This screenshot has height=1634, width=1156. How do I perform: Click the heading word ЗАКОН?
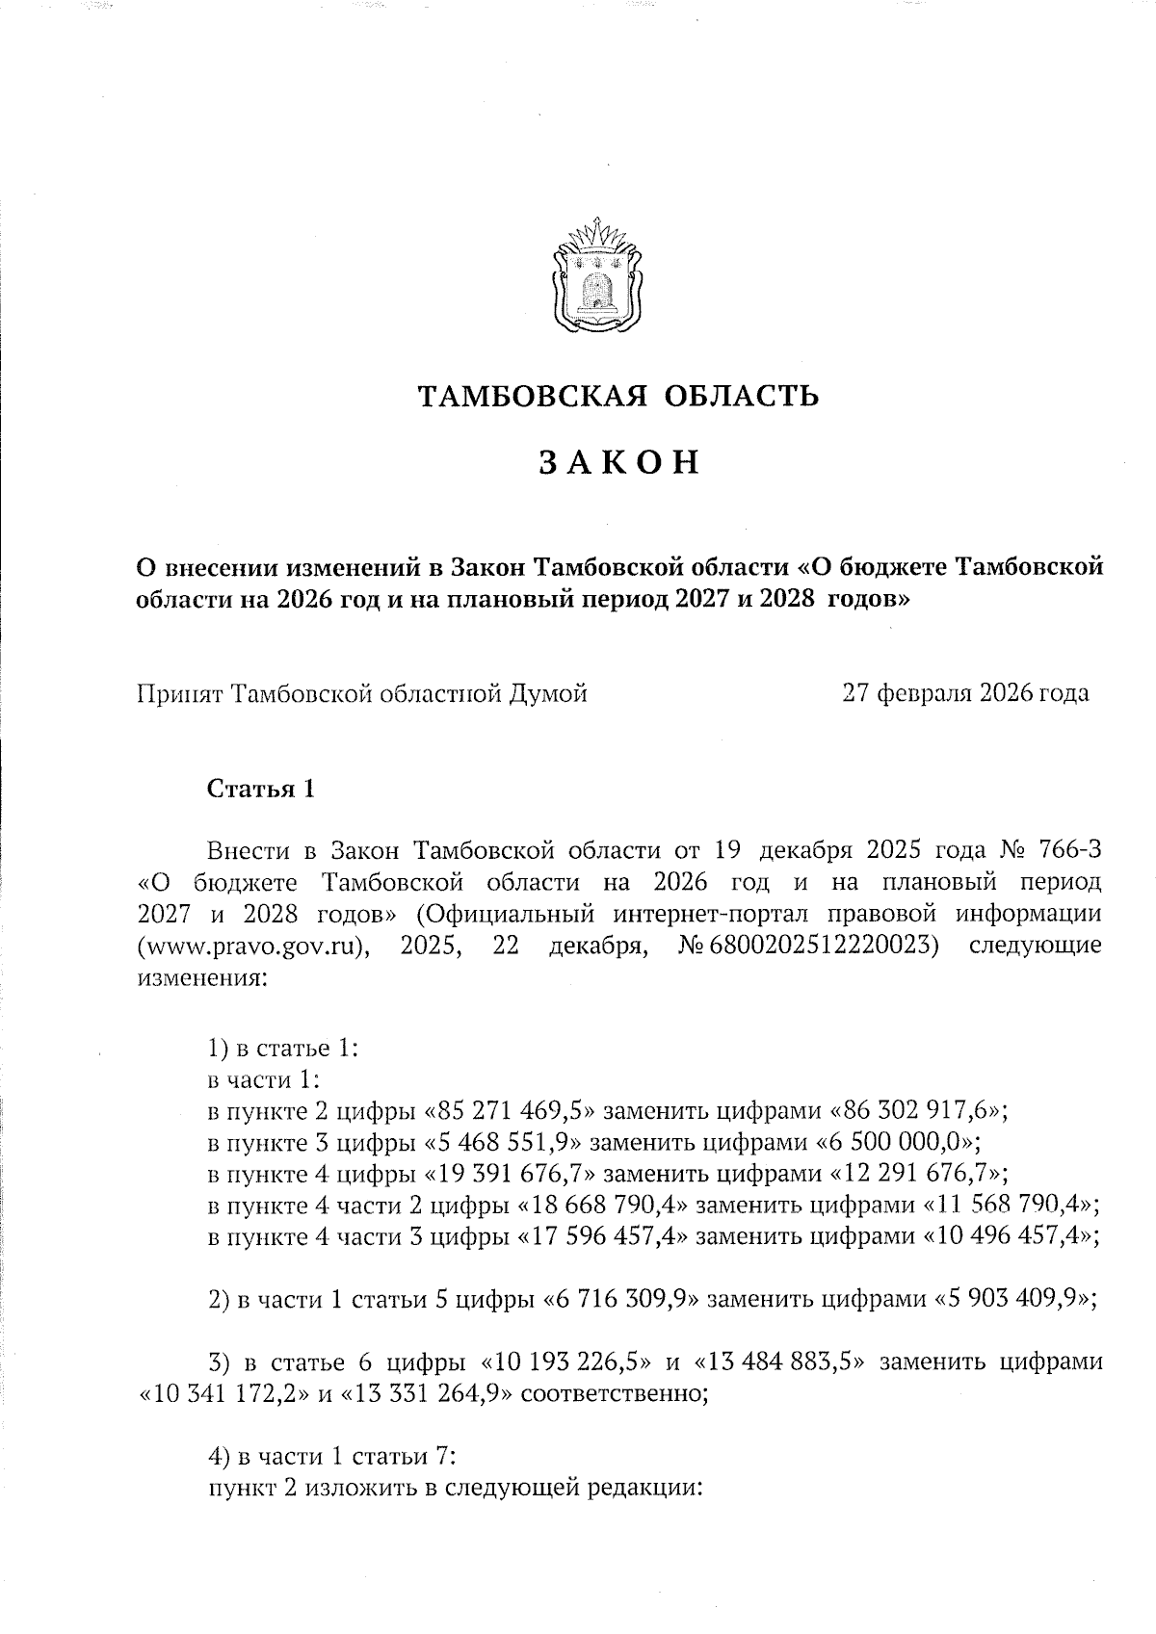[617, 462]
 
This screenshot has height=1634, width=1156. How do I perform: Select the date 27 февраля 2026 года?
[965, 692]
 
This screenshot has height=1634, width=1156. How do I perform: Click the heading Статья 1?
[261, 790]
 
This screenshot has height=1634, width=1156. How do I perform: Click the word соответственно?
[611, 1394]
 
